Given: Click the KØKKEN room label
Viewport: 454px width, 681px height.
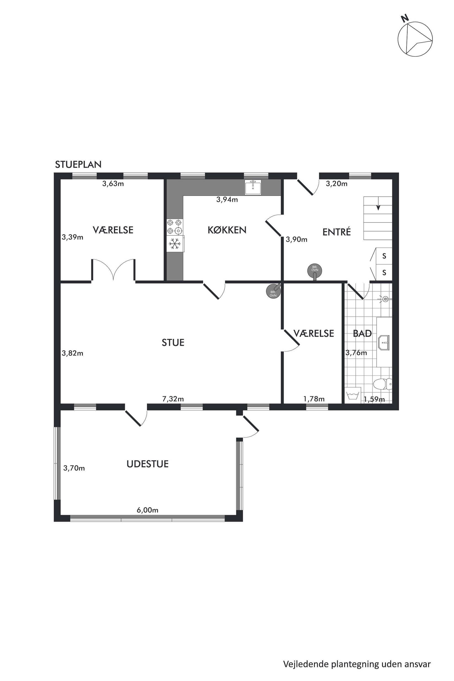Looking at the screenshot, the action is pos(227,230).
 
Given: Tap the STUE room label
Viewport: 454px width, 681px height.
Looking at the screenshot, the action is pos(173,343).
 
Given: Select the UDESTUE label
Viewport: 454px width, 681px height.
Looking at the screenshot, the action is pos(147,464).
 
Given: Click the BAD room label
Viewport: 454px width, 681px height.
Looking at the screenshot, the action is pos(362,334).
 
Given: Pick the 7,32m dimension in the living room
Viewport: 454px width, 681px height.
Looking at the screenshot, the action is pos(173,399).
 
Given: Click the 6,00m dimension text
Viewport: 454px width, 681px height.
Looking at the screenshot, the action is pos(147,510).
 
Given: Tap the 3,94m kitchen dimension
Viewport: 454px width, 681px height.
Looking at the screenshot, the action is pos(227,200).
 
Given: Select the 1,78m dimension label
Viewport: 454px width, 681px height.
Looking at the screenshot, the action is pos(314,399).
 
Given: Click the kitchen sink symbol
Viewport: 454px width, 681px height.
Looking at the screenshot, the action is pos(253,187).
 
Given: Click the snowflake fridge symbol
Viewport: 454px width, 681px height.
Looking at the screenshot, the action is pos(175,243).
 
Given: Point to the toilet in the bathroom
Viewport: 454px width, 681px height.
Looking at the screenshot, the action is pos(382,384).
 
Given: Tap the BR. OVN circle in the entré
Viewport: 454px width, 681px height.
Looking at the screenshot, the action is pos(315,270).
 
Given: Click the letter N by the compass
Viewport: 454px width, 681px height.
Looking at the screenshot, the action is pos(405,18).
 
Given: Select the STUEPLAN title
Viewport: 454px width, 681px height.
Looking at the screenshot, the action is pos(78,165).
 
